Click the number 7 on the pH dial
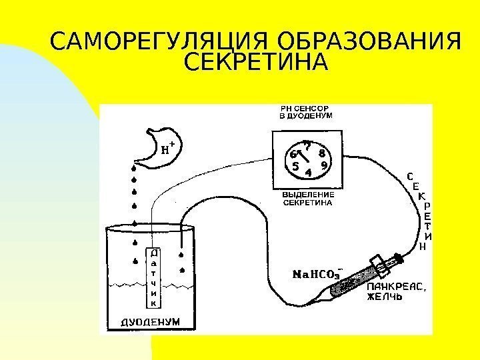(x=307, y=144)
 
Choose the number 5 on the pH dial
(x=294, y=167)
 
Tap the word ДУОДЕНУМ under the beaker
(x=149, y=321)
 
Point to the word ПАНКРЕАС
(x=396, y=287)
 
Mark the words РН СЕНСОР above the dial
(x=305, y=107)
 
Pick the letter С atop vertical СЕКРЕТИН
(x=409, y=177)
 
